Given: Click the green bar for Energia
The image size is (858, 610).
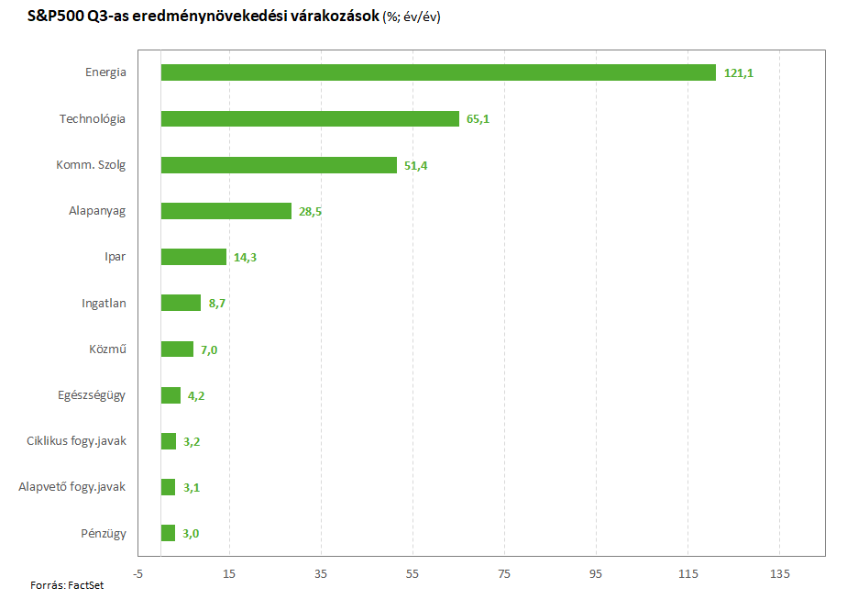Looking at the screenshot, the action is [438, 72].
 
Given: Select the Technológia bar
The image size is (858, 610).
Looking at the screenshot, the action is [310, 119].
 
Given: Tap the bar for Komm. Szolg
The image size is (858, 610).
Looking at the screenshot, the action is [279, 165].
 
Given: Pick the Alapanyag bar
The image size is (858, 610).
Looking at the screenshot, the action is [226, 211].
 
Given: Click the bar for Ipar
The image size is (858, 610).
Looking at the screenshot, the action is [193, 257].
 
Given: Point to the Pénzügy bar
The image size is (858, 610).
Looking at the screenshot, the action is [168, 533].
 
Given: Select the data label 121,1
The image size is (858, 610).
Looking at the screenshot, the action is [739, 72].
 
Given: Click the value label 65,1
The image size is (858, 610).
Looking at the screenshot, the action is [478, 119].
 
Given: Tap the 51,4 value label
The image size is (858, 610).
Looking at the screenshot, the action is [416, 165].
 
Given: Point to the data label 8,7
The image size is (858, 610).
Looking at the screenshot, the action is [216, 303].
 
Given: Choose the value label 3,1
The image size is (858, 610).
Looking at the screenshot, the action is [192, 487].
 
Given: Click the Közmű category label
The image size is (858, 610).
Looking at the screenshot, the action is [108, 349].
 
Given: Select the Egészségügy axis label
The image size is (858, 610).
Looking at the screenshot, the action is [92, 395].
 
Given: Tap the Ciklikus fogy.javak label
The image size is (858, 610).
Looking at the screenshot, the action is [77, 441].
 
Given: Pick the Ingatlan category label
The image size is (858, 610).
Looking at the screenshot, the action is [104, 304].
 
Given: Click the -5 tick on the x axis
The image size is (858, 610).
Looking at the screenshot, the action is [137, 574].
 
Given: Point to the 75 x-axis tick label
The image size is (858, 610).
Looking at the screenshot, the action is [504, 574].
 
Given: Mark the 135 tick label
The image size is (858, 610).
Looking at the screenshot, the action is [780, 574].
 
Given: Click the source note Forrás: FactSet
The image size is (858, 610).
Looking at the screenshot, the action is [67, 585].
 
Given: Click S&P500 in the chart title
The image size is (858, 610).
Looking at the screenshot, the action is [56, 16].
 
